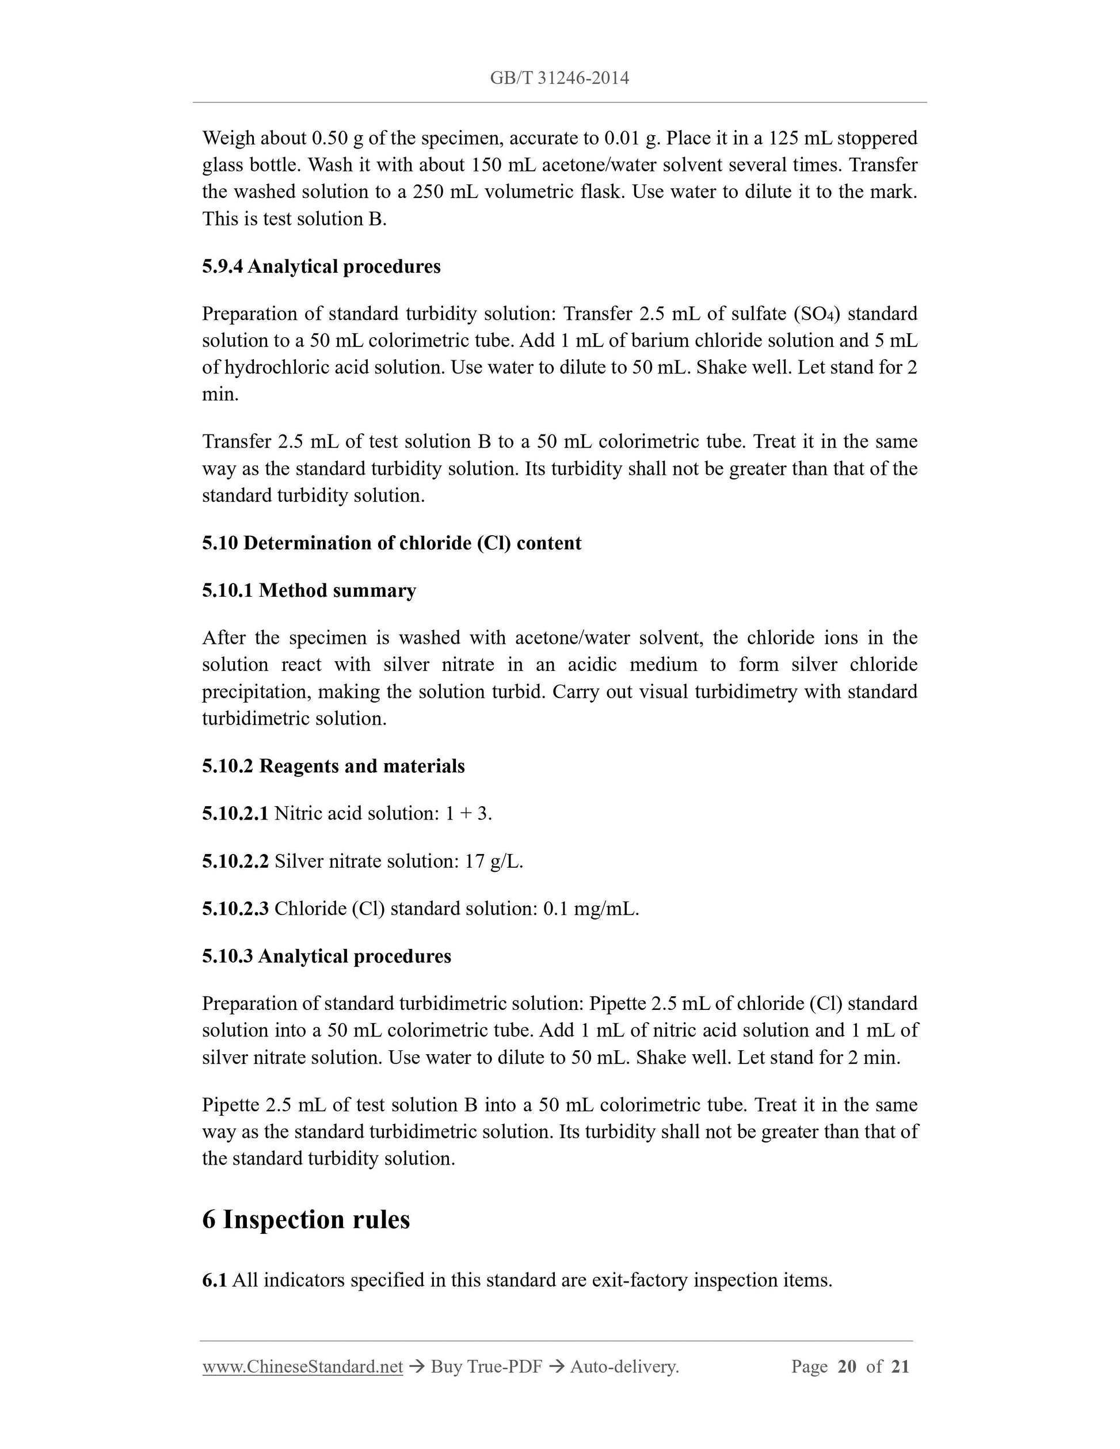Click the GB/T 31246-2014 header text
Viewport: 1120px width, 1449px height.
point(559,78)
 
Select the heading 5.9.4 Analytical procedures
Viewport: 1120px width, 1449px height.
point(321,266)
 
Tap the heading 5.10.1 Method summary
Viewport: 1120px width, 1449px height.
point(308,590)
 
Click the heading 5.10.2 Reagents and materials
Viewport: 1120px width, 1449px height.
point(333,767)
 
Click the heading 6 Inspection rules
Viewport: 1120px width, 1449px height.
point(306,1219)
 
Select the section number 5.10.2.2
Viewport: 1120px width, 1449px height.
point(235,861)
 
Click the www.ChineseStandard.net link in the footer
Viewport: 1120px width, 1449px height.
point(303,1366)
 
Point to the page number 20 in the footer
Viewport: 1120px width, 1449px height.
point(847,1366)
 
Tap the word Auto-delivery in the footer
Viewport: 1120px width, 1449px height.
point(624,1366)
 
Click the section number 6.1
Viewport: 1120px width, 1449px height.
point(214,1280)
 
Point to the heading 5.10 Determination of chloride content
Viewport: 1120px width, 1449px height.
point(391,543)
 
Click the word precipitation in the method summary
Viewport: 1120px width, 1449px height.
point(254,692)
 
